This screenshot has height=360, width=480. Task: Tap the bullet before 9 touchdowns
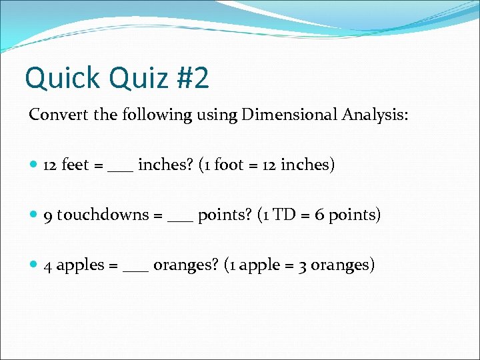point(34,215)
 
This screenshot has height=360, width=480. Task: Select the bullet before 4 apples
point(34,265)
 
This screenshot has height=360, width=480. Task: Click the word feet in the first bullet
point(76,165)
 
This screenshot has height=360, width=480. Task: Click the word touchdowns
point(103,215)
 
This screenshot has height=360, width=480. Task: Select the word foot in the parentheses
point(229,165)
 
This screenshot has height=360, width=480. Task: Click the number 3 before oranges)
point(303,265)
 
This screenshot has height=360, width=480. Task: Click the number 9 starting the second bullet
point(48,215)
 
